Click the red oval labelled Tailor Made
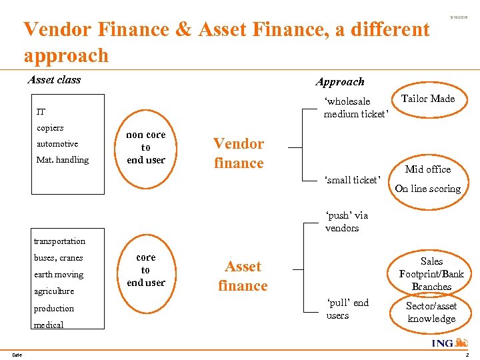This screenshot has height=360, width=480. tap(428, 99)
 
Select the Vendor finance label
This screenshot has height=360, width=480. tap(239, 153)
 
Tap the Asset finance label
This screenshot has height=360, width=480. tap(243, 276)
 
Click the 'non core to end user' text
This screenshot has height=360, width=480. tap(146, 147)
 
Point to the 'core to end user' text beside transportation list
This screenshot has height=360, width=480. tap(145, 270)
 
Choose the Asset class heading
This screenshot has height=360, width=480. tap(54, 80)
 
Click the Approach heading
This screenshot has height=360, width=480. tap(340, 82)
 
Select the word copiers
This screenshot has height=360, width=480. tap(50, 127)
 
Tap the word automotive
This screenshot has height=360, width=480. tap(57, 143)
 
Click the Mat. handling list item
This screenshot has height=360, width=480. tap(63, 160)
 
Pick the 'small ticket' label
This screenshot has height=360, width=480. tap(352, 180)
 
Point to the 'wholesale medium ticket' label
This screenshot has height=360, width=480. tap(355, 107)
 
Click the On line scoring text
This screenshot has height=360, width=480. tap(427, 189)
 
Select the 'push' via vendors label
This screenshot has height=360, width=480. tap(347, 222)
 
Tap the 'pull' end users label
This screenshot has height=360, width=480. tap(347, 309)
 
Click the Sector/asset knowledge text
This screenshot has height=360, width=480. tap(431, 312)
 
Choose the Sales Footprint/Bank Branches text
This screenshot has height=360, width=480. tap(431, 274)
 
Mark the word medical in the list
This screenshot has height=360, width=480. tap(49, 325)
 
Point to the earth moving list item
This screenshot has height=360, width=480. tap(59, 275)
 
